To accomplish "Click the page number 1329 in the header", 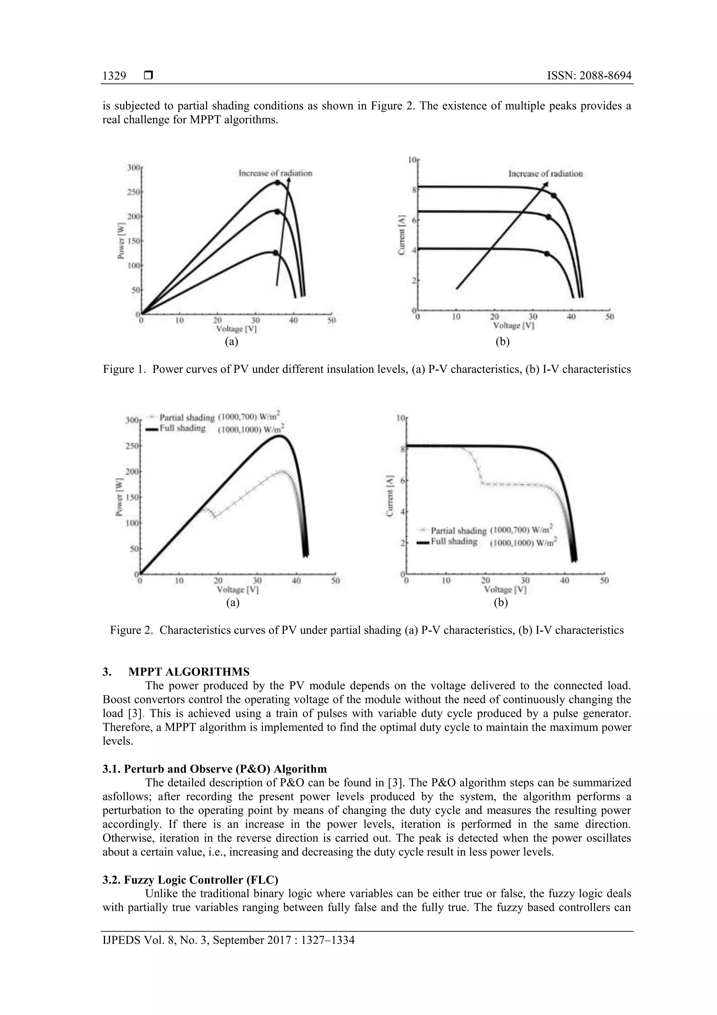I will [x=114, y=76].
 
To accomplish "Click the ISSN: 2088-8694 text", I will [x=589, y=76].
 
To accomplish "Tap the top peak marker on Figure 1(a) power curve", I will [x=277, y=182].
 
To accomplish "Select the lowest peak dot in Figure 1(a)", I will [x=276, y=253].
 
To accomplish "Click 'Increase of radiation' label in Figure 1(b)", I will [x=545, y=174].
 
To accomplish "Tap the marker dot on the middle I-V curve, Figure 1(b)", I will [x=548, y=217].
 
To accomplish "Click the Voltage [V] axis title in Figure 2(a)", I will [x=237, y=589].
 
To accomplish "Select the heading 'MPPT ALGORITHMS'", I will [x=189, y=672].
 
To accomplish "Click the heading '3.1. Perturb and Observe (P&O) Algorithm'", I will [x=214, y=769].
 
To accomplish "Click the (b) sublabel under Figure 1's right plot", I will [x=502, y=341].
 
